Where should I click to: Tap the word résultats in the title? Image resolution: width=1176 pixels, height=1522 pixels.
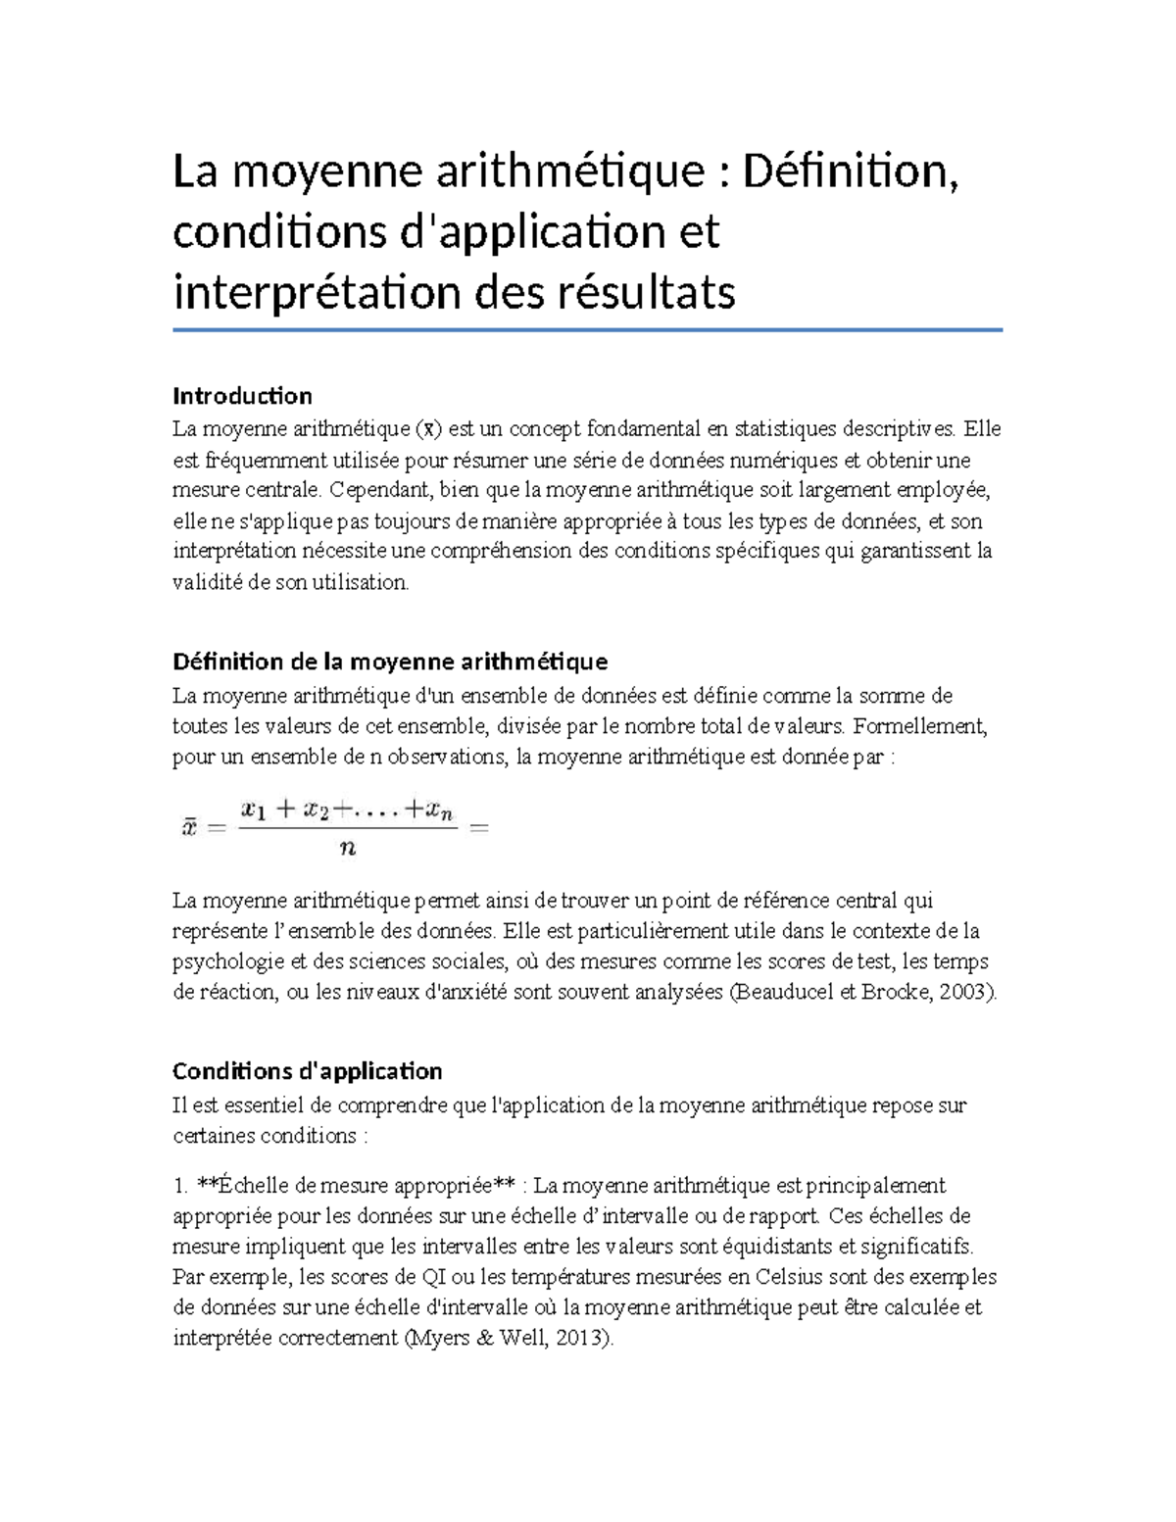click(x=647, y=292)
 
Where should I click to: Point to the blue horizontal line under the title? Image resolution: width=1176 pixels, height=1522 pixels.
click(x=587, y=330)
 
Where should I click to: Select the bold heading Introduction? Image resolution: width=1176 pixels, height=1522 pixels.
click(x=242, y=396)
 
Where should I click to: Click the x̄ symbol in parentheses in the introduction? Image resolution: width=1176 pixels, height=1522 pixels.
click(x=428, y=429)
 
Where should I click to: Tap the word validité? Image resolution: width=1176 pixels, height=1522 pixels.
click(x=207, y=582)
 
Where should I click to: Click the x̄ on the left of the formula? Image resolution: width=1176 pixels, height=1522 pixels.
click(x=189, y=828)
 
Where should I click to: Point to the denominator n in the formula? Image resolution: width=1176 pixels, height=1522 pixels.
click(x=347, y=850)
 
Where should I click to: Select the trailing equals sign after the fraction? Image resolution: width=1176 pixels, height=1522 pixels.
click(x=479, y=828)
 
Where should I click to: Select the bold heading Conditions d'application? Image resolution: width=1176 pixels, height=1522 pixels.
click(x=307, y=1070)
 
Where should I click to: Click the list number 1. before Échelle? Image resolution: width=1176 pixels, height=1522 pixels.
click(x=180, y=1186)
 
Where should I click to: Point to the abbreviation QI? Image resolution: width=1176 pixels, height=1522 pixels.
click(x=433, y=1277)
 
